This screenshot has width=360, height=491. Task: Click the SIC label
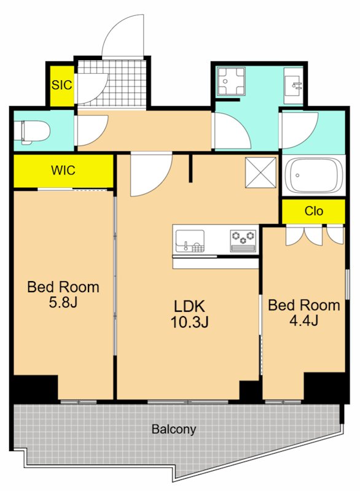coord(61,85)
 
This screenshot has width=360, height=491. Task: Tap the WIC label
coord(63,171)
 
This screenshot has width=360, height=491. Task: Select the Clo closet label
coord(314,211)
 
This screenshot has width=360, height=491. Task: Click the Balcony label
coord(174,429)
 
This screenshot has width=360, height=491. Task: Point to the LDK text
coord(190,306)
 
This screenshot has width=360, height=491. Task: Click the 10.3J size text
coord(190,322)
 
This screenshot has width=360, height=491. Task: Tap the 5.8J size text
coord(63,303)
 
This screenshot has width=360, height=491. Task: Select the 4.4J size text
coord(304,320)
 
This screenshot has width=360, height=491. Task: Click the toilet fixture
coord(32,133)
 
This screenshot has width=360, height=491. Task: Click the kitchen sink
coord(190,241)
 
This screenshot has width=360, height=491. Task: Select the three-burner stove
coord(243,241)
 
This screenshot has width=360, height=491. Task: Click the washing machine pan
coord(232,81)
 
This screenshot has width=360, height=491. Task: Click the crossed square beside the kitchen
coord(260,172)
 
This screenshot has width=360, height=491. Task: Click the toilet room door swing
coord(92,130)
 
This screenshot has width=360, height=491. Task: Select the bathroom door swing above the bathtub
coord(300,130)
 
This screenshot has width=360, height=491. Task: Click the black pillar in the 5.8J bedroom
coord(36,387)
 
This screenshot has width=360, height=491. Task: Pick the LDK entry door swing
coord(151,174)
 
